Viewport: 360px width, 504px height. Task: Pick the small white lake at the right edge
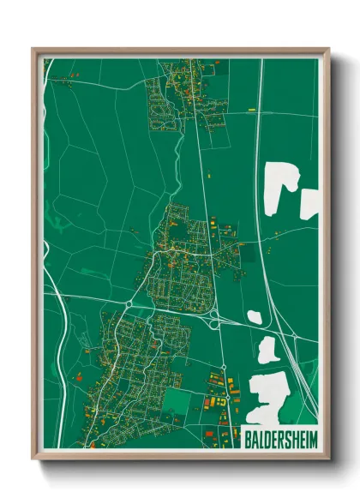pyautogui.click(x=310, y=202)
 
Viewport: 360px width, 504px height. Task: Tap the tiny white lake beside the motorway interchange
pyautogui.click(x=254, y=317)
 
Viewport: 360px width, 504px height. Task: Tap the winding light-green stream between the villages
pyautogui.click(x=177, y=163)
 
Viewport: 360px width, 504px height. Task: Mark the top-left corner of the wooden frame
pyautogui.click(x=33, y=49)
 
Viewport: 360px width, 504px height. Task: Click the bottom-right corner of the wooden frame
pyautogui.click(x=329, y=459)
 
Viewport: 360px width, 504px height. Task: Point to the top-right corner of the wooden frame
pyautogui.click(x=329, y=49)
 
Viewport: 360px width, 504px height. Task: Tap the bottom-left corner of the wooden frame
pyautogui.click(x=33, y=459)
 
